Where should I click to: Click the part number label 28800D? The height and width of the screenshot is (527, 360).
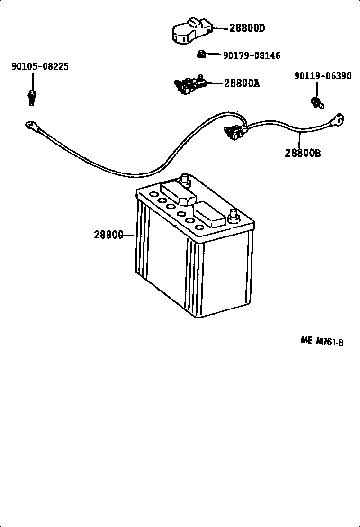coord(247,28)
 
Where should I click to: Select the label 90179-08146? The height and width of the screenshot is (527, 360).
coord(252,56)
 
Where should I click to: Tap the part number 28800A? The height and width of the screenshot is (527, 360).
coord(242,83)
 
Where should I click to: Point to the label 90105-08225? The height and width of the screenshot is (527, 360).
coord(40,67)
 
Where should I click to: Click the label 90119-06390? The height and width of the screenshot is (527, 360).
coord(323,76)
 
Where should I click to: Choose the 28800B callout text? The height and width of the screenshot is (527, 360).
coord(303,153)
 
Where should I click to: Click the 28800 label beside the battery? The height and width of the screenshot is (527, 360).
coord(108,235)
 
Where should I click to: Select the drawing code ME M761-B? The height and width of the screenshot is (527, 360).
coord(322,341)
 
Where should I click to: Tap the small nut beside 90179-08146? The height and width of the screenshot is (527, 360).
coord(201,55)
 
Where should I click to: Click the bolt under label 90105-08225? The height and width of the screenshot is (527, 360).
coord(32,96)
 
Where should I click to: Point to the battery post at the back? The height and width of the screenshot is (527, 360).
coord(184,181)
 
